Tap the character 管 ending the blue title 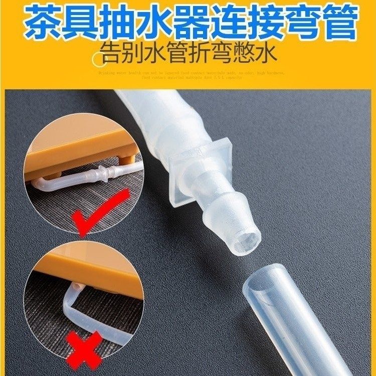[x=337, y=22]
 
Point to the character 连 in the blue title [x=224, y=22]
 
